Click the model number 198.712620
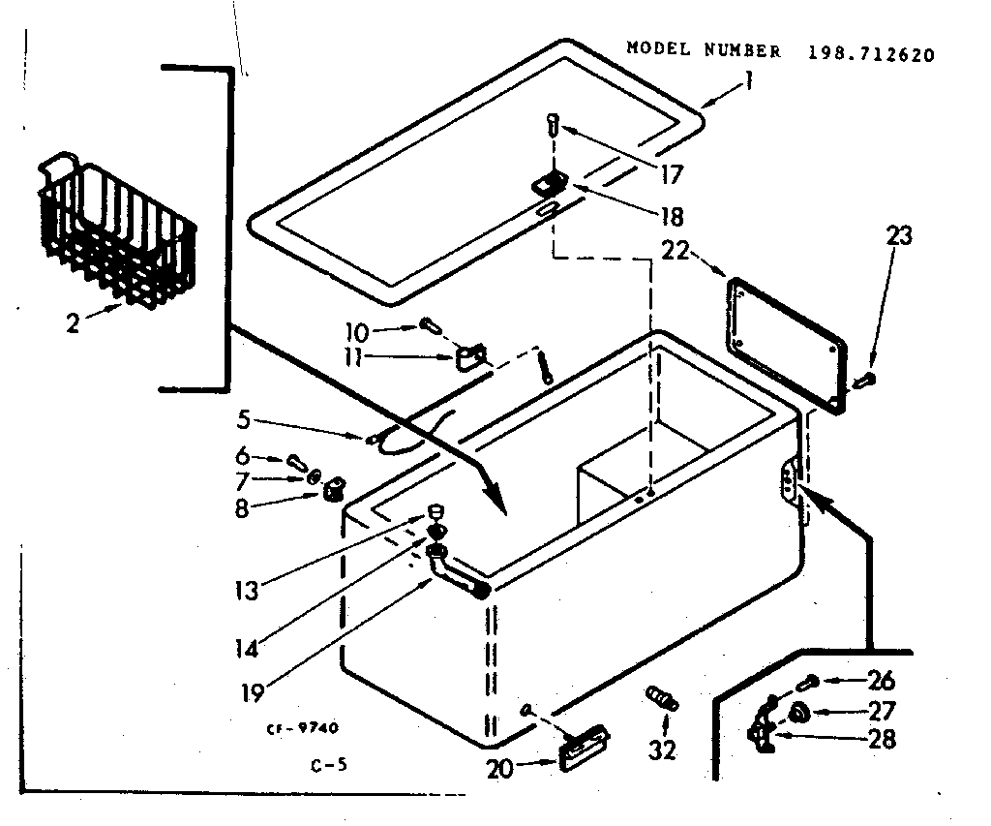coord(871,54)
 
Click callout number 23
coord(897,235)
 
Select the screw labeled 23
coord(867,380)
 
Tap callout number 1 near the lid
coord(747,84)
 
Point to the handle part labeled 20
coord(584,747)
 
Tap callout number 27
coord(882,710)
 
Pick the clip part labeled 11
coord(470,358)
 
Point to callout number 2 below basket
coord(73,322)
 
